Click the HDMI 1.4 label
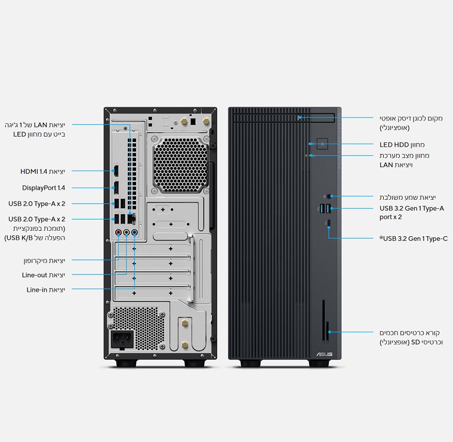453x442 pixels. coord(42,171)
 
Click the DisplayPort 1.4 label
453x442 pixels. coord(44,187)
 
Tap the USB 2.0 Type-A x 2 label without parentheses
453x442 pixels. coord(37,203)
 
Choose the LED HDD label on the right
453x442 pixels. coord(402,144)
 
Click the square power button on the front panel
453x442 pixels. coord(323,144)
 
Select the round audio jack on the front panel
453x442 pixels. coord(327,196)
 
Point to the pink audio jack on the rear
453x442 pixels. coord(118,233)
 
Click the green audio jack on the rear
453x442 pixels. coord(127,233)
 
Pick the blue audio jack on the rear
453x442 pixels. coord(135,233)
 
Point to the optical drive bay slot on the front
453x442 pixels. coord(316,118)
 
